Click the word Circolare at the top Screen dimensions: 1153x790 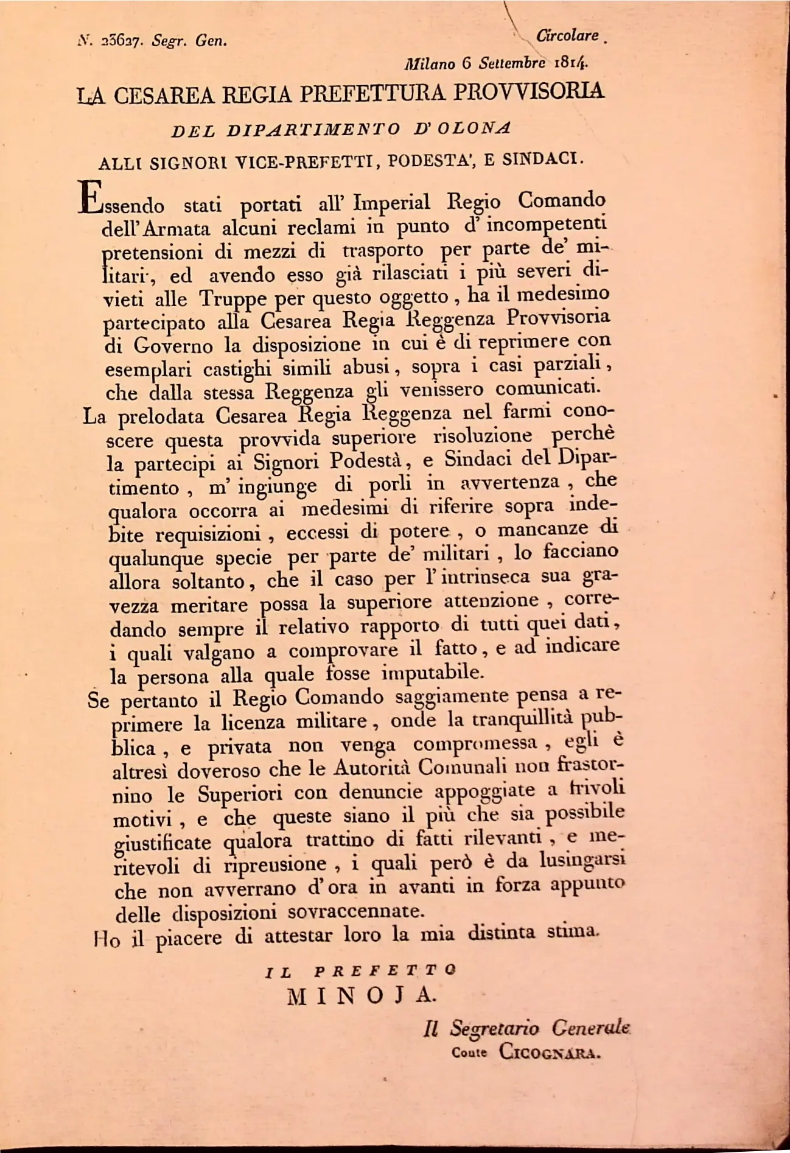point(567,36)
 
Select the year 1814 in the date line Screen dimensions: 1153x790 point(570,63)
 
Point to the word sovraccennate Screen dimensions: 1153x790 point(354,911)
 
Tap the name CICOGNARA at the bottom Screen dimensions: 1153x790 point(549,1052)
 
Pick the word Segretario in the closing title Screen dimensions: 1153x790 point(494,1028)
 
